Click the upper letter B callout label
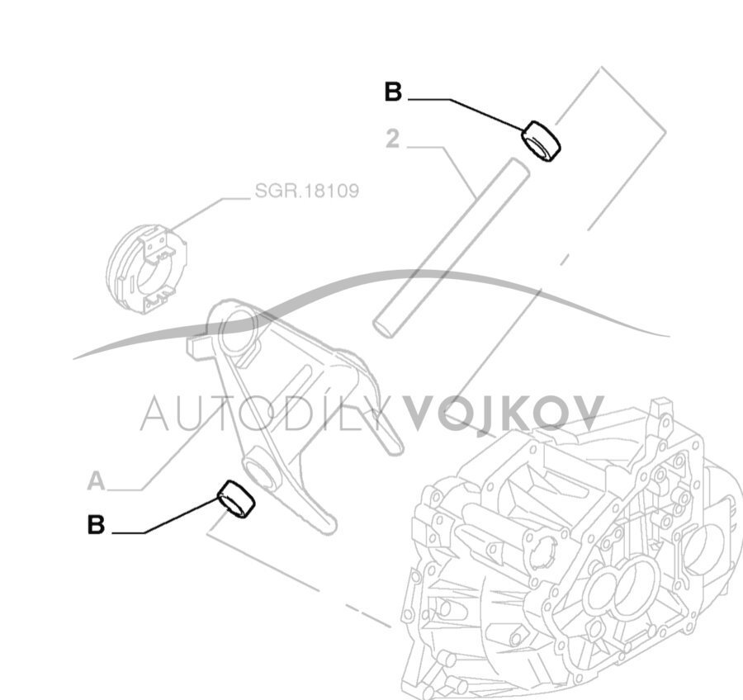click(x=393, y=92)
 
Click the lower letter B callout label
click(x=97, y=524)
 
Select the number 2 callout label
click(x=392, y=139)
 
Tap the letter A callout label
click(x=97, y=480)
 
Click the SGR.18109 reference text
click(x=306, y=192)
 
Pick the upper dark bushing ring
click(x=542, y=140)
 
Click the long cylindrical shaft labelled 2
click(x=450, y=248)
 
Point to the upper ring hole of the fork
click(x=236, y=329)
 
